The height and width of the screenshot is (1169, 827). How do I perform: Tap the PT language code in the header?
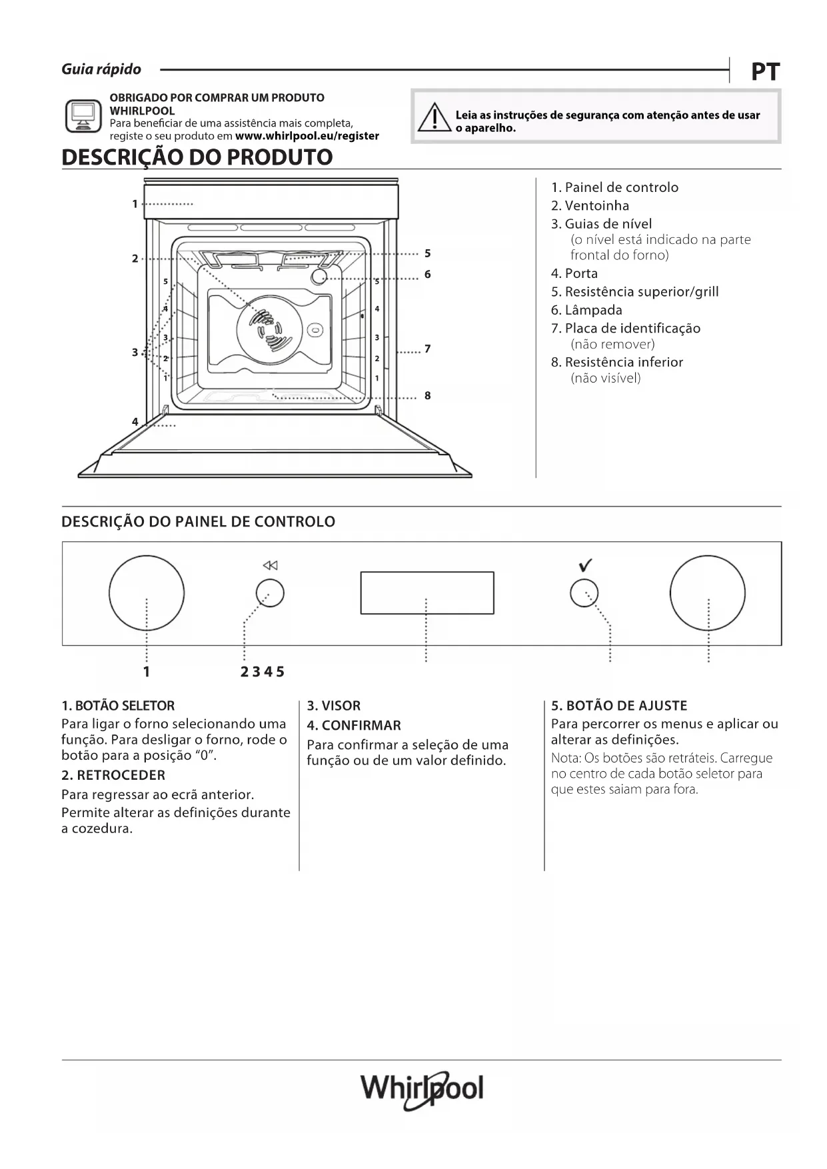tap(765, 72)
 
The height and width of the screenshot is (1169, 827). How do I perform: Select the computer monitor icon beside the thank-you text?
tap(83, 116)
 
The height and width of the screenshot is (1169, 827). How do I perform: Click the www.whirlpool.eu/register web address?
tap(307, 136)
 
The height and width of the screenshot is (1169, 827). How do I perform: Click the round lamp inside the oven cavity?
tap(319, 276)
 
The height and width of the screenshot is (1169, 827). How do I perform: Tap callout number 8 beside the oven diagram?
tap(427, 396)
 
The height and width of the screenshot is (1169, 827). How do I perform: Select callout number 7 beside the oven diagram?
tap(427, 349)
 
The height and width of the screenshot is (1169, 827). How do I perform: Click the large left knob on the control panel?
tap(147, 592)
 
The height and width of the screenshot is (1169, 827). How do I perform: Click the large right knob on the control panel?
tap(707, 592)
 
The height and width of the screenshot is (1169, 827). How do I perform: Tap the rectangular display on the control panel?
tap(427, 592)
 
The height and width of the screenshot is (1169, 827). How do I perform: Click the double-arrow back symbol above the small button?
tap(270, 566)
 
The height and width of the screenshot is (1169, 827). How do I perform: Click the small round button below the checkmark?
tap(584, 592)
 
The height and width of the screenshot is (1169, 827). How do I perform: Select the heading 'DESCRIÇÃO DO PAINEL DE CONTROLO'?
tap(198, 522)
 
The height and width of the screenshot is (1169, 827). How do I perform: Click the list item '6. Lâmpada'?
tap(586, 310)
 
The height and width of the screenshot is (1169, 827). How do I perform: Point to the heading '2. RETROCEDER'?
tap(113, 775)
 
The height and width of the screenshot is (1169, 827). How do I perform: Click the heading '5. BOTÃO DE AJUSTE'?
tap(619, 706)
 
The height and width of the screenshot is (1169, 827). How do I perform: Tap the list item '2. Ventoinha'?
tap(590, 206)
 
